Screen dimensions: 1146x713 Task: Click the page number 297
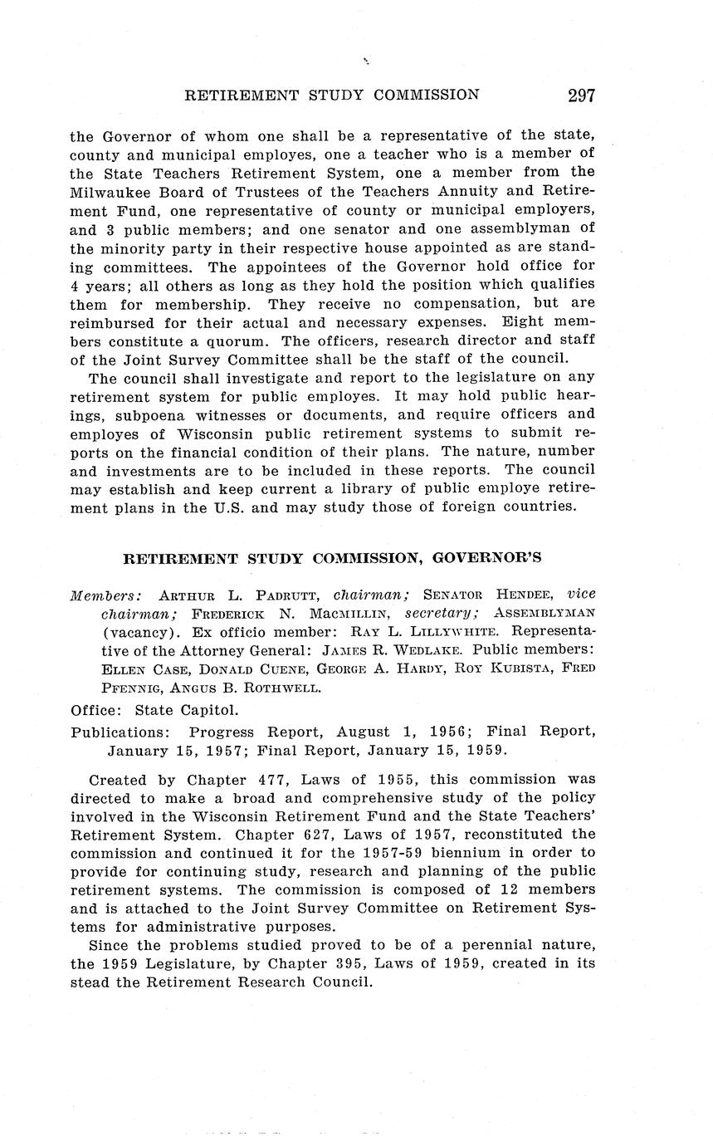click(581, 95)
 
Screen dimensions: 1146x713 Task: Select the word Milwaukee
click(110, 191)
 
